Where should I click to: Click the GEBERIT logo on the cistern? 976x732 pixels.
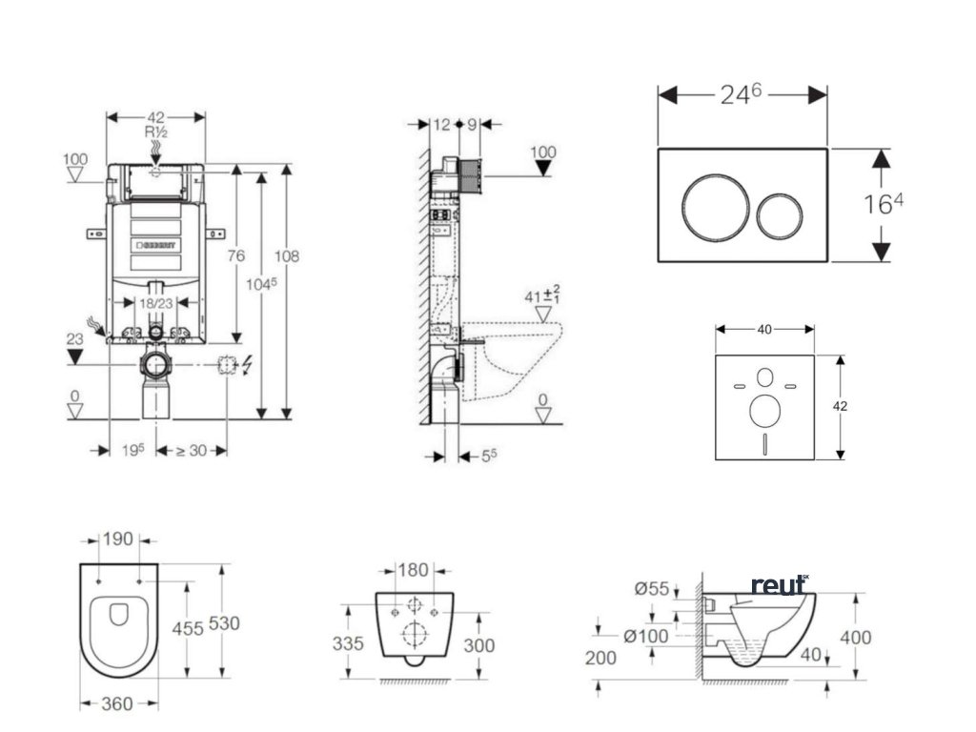point(154,246)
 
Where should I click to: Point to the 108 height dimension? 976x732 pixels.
point(287,255)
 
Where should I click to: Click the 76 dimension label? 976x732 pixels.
point(235,255)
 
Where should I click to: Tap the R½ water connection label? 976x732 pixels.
point(156,132)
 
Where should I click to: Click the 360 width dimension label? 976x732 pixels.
point(118,703)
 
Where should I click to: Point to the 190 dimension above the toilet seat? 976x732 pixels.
point(119,539)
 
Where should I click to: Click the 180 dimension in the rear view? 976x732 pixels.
point(413,570)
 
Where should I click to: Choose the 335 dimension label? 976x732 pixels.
point(349,644)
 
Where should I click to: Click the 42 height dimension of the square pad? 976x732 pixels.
point(840,405)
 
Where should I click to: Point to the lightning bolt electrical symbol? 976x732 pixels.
point(248,364)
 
